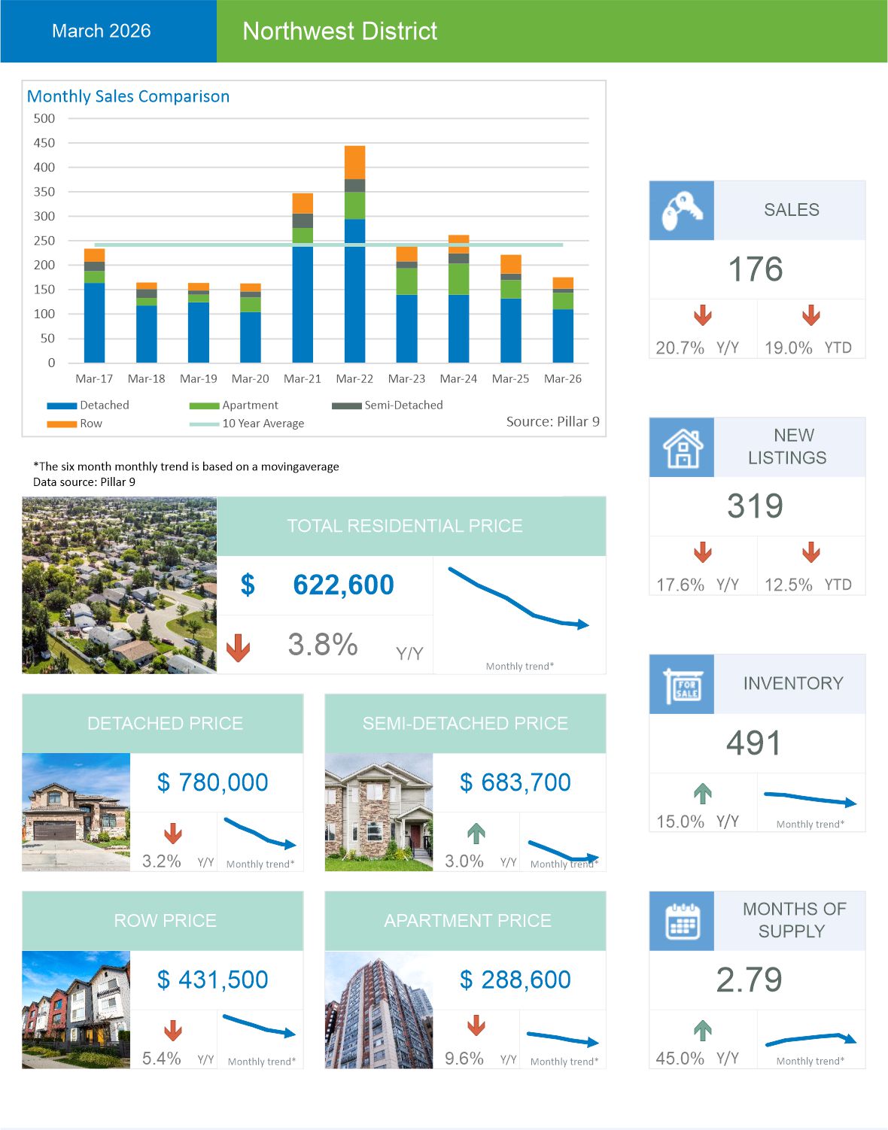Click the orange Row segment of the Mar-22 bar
[x=354, y=163]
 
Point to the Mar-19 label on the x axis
[x=198, y=379]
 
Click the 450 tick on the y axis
[x=44, y=143]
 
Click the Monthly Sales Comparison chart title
[x=128, y=96]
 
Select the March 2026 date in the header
[x=101, y=31]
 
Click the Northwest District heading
[x=339, y=31]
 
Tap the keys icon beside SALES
[x=681, y=211]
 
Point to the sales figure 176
[x=756, y=269]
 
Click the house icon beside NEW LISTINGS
[x=681, y=448]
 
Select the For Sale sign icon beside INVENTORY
[x=681, y=685]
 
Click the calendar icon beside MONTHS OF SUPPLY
[x=681, y=921]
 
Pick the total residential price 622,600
[x=343, y=585]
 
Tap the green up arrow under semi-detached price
[x=476, y=833]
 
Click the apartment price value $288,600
[x=515, y=980]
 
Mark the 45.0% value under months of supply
[x=680, y=1059]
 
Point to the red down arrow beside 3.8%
[x=238, y=647]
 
